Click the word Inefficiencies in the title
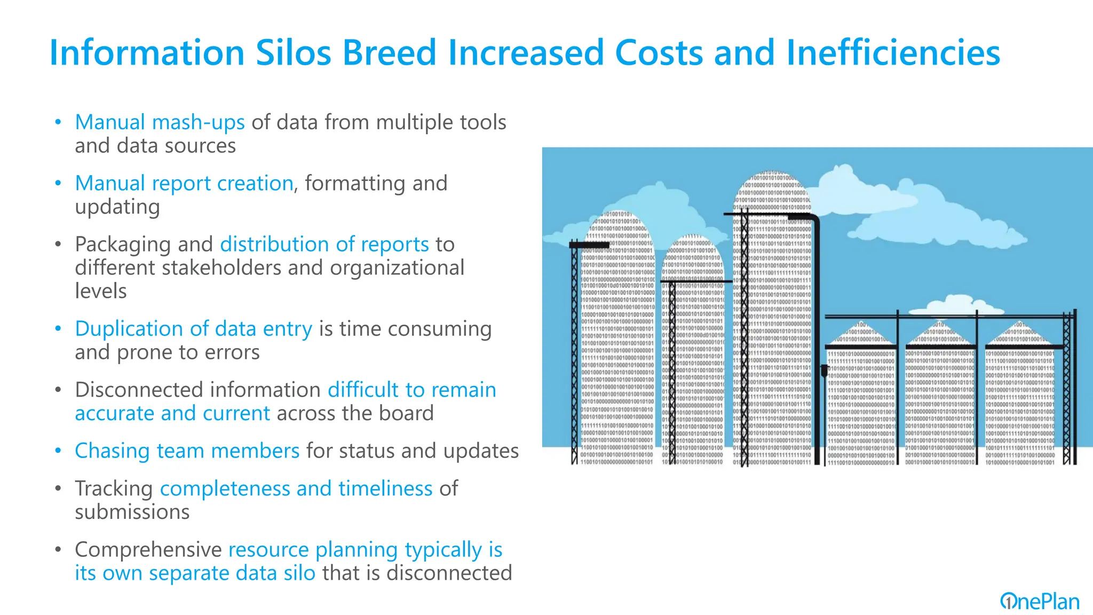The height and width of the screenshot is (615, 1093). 893,52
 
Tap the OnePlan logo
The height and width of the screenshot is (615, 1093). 1039,602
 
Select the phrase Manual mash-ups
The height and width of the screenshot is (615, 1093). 160,122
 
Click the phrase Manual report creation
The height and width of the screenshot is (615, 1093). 184,183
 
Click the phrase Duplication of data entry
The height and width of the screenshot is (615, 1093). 193,329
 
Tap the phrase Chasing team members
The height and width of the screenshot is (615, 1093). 187,451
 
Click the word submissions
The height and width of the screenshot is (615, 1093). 132,512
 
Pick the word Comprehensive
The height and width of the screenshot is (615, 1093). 148,550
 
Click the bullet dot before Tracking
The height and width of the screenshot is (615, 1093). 58,488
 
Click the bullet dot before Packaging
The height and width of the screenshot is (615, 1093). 58,245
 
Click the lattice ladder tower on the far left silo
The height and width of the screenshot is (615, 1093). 575,352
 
